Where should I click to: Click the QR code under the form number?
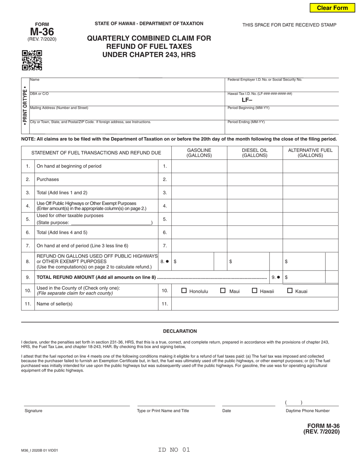pos(32,61)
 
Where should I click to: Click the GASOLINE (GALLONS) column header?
pos(199,153)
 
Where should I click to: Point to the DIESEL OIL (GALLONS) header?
pos(255,153)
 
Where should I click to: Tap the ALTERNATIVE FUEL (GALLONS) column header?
pos(310,153)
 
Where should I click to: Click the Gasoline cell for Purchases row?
pos(199,179)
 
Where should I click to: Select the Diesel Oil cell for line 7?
pos(255,246)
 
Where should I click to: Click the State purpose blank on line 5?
pos(110,223)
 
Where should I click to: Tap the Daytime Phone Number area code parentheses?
pos(294,403)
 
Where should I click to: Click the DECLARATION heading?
pos(180,331)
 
